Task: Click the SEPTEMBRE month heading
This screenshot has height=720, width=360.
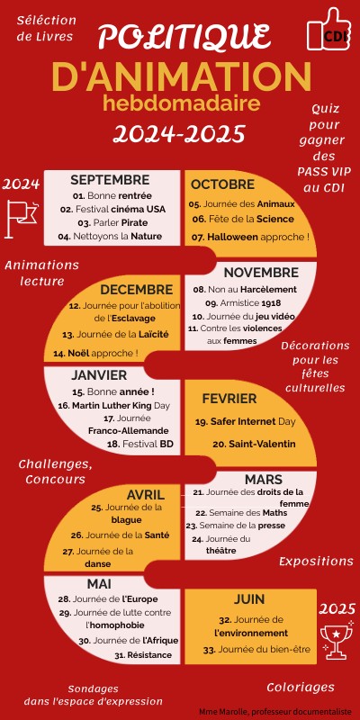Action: click(x=110, y=180)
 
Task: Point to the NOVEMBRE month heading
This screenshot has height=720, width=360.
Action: click(x=261, y=273)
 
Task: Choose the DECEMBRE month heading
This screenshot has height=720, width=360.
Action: click(x=136, y=289)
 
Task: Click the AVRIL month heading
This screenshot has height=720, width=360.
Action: click(x=146, y=494)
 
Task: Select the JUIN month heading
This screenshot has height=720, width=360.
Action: click(x=249, y=598)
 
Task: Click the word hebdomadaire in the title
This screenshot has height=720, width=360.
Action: click(x=181, y=103)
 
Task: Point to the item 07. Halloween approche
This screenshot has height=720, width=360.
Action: click(x=250, y=237)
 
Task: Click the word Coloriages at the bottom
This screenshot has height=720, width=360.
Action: click(x=300, y=687)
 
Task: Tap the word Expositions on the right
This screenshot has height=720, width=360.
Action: click(x=315, y=561)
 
